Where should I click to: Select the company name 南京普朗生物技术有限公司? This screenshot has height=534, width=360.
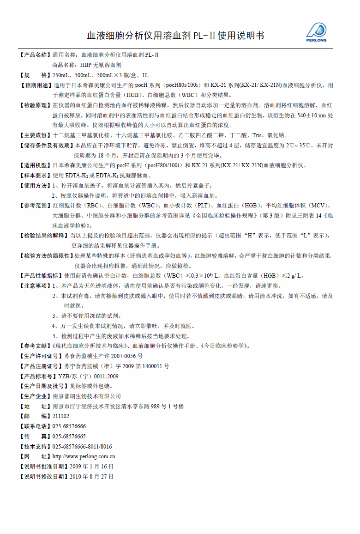point(87,396)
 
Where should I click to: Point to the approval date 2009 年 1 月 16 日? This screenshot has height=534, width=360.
point(91,467)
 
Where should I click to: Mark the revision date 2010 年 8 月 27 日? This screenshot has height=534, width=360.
point(91,477)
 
